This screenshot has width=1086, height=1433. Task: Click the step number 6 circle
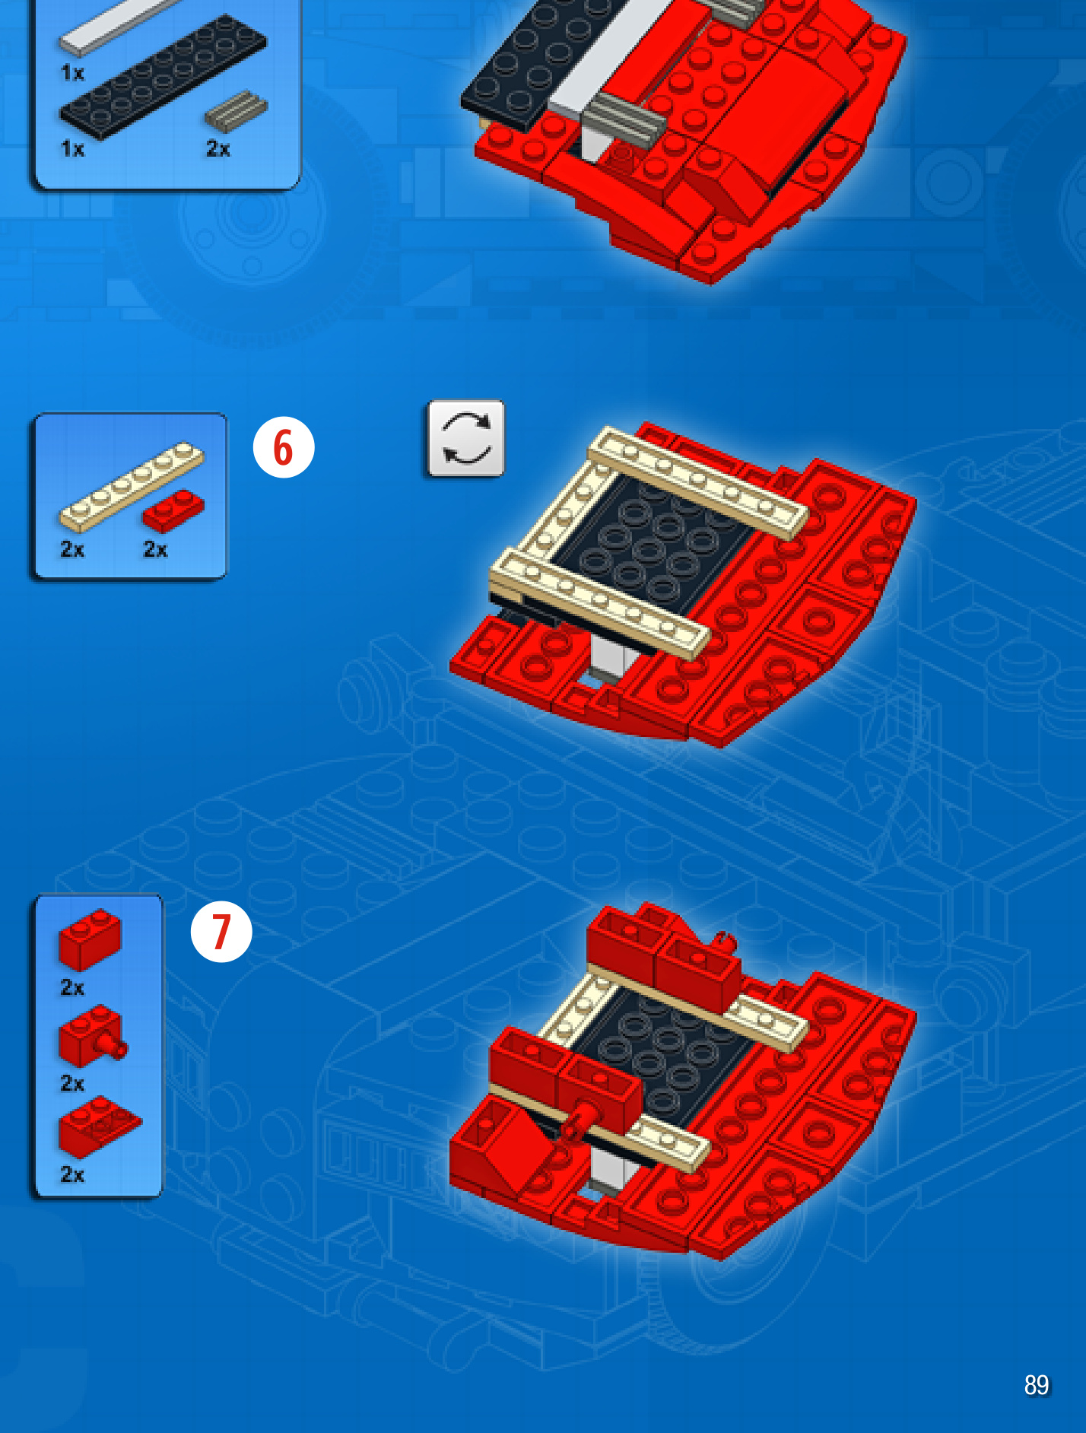284,447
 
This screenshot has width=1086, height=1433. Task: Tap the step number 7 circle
221,932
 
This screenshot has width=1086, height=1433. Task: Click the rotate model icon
465,439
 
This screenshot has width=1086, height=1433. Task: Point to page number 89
1037,1385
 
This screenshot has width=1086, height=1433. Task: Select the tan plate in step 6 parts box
132,486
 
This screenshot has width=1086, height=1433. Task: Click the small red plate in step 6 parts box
173,510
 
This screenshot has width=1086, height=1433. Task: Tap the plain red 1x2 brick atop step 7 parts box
90,939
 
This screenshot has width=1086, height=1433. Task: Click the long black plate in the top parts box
164,76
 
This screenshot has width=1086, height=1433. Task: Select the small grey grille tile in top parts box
236,110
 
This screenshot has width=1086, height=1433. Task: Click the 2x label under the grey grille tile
218,149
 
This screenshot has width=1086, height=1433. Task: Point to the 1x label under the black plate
72,149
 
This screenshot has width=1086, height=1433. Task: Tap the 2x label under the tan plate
72,549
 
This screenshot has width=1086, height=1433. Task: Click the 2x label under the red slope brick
72,1174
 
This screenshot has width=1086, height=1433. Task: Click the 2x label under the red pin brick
72,1083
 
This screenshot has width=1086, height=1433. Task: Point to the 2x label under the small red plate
156,549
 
